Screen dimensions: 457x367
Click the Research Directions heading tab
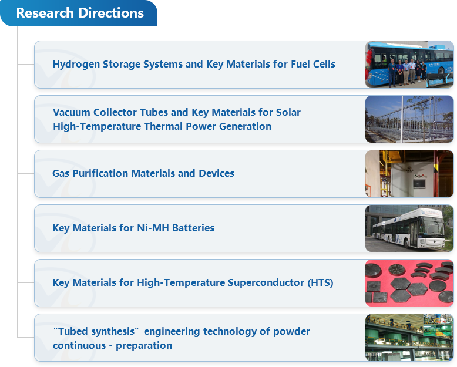79,13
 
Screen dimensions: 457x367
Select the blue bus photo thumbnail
409,65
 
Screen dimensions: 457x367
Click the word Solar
288,112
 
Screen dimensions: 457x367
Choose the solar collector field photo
409,119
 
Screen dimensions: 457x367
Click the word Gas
61,173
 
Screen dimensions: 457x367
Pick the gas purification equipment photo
409,174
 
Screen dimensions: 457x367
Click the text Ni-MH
153,228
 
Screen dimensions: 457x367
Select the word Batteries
193,228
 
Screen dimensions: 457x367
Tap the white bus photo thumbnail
409,228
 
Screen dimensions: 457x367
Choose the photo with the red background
409,283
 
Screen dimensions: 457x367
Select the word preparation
144,346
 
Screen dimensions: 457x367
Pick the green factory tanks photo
409,338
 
